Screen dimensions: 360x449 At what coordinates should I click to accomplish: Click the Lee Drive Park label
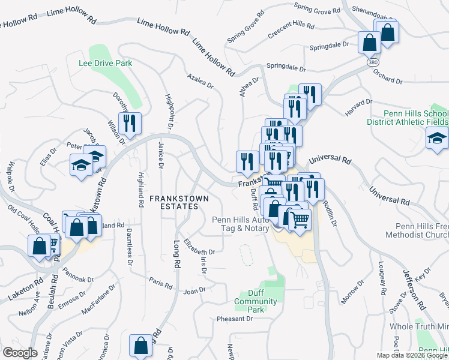click(x=105, y=62)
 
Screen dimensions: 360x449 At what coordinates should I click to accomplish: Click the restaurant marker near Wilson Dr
click(x=130, y=124)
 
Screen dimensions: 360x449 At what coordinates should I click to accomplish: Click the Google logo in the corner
click(x=20, y=353)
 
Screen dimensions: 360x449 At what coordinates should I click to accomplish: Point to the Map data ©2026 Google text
click(x=412, y=355)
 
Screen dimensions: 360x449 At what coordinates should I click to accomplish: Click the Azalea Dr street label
click(x=200, y=82)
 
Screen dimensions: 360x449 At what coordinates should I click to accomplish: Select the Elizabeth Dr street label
click(x=199, y=248)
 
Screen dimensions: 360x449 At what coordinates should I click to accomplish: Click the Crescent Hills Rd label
click(x=291, y=28)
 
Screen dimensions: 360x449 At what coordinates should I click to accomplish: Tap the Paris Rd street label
click(x=160, y=283)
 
